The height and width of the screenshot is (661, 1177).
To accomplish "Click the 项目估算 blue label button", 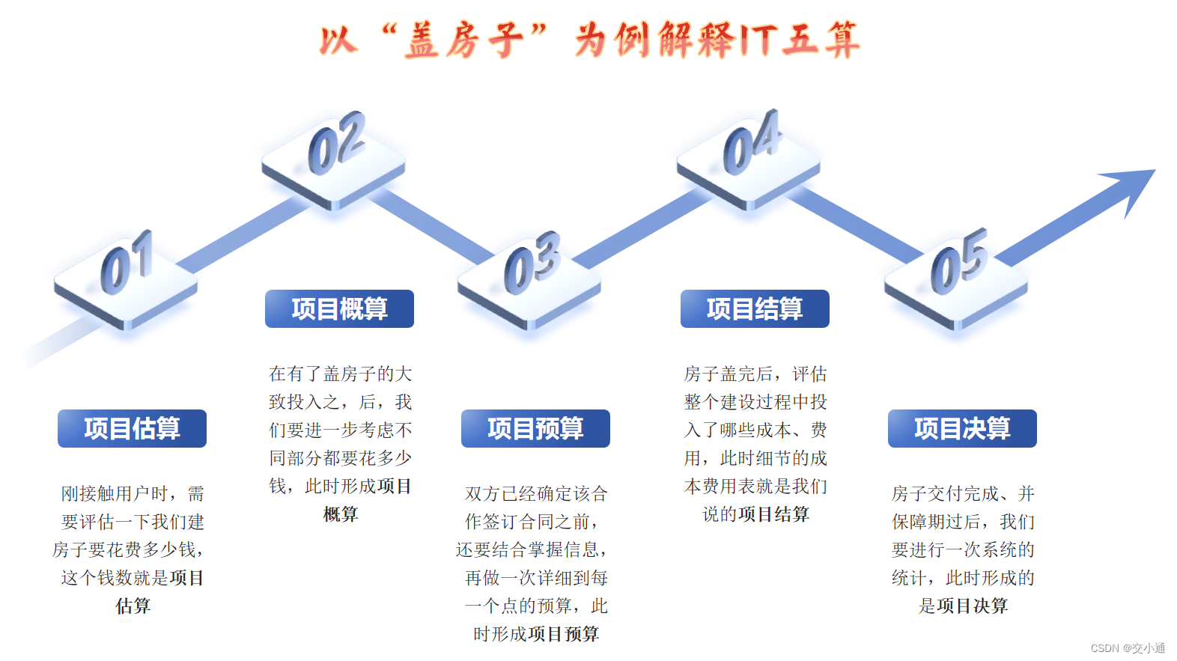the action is pos(132,428).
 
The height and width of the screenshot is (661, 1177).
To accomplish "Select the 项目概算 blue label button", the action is pos(339,308).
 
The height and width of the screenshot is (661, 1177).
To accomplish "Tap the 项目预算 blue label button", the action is pos(535,428).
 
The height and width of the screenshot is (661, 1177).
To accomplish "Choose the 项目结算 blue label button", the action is pos(755,308).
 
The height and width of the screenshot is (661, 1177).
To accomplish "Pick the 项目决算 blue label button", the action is pos(962,428).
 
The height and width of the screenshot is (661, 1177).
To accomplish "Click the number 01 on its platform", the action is pos(127,263).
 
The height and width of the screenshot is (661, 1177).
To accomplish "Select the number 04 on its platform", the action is pos(752,142).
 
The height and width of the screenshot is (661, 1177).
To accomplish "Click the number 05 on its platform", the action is pos(959,261).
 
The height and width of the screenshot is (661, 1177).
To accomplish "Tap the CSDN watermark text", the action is pos(1128,648).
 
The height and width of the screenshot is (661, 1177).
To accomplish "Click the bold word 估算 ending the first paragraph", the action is pos(133,606).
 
